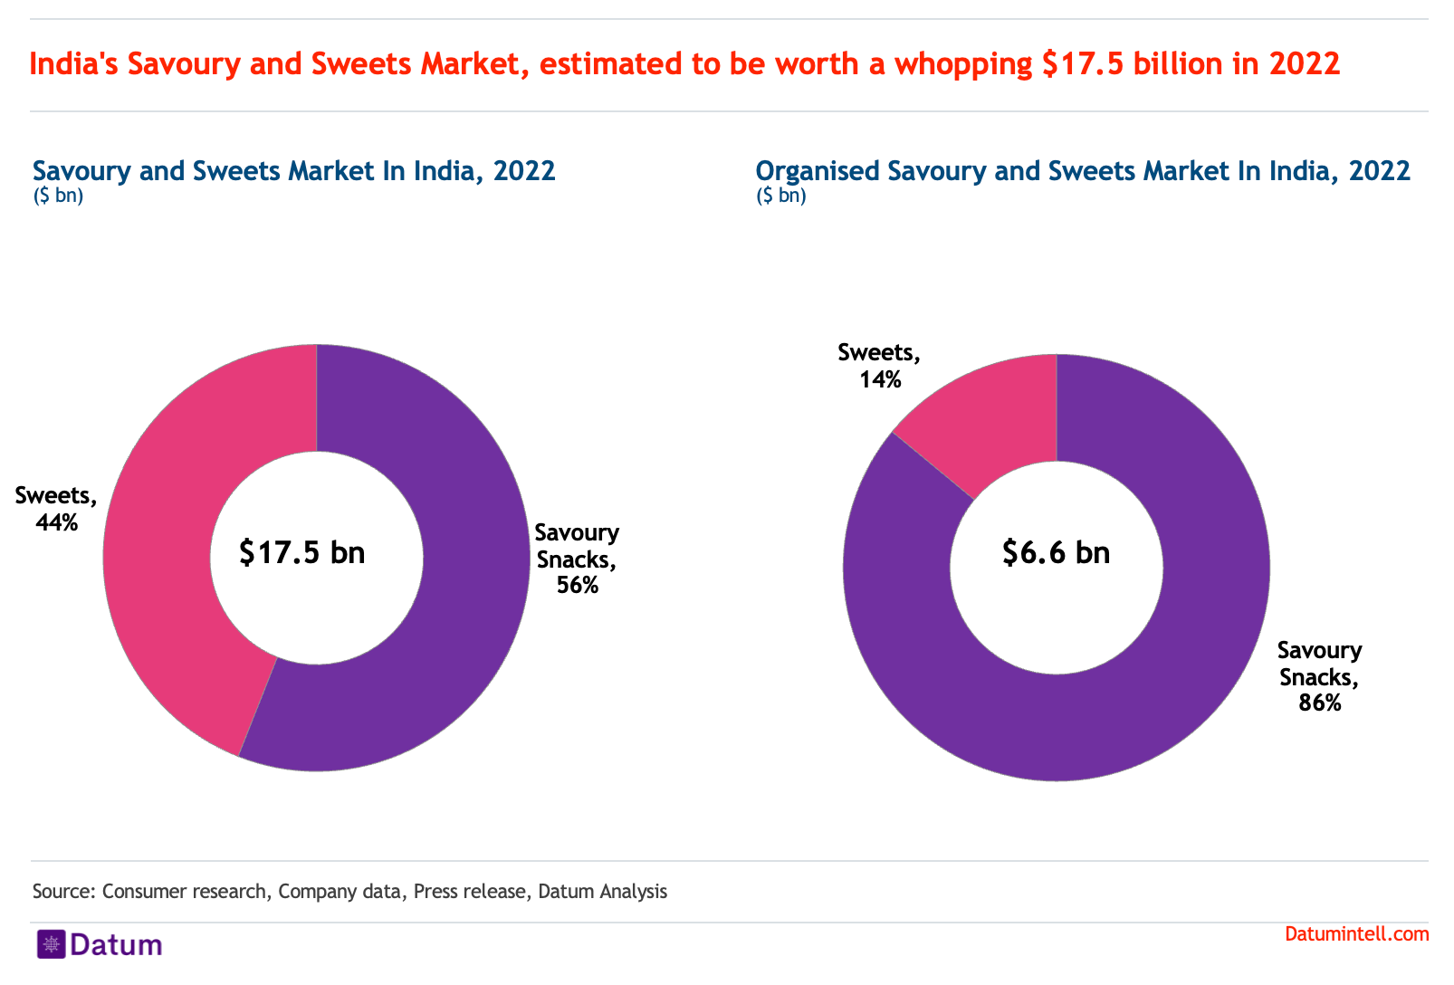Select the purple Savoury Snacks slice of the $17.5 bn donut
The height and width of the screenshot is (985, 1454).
pyautogui.click(x=453, y=634)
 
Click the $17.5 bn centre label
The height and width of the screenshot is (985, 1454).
pyautogui.click(x=302, y=552)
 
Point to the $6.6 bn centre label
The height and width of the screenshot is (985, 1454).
pyautogui.click(x=1056, y=552)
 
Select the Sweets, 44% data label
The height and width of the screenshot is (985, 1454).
pyautogui.click(x=56, y=509)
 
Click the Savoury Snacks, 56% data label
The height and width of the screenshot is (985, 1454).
pyautogui.click(x=578, y=559)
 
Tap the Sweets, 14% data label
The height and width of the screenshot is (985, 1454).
pyautogui.click(x=879, y=366)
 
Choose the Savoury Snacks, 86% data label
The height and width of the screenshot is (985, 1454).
pyautogui.click(x=1319, y=676)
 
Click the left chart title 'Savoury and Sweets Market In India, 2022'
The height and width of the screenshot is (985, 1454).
pyautogui.click(x=294, y=171)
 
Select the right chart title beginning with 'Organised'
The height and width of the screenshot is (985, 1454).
pyautogui.click(x=1083, y=171)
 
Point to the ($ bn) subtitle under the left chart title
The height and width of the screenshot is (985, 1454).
pyautogui.click(x=58, y=196)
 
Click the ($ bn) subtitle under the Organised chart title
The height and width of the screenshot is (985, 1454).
pyautogui.click(x=781, y=196)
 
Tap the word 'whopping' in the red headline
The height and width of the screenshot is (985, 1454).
pyautogui.click(x=963, y=64)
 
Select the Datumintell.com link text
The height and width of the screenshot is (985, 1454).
pyautogui.click(x=1356, y=934)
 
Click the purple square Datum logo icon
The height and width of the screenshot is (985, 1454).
pyautogui.click(x=51, y=944)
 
